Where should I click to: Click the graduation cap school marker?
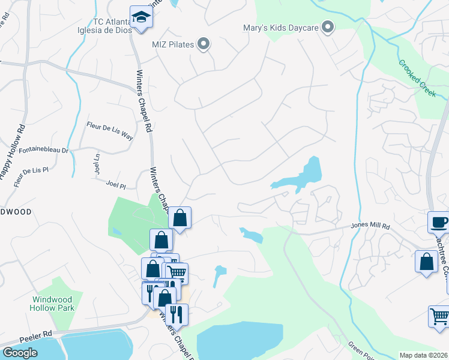[141, 17]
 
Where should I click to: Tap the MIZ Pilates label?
[175, 43]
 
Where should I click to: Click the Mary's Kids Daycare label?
[279, 27]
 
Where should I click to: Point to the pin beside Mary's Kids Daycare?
[328, 26]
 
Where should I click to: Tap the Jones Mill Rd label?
[370, 227]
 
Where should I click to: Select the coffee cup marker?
[439, 222]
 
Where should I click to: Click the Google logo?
[20, 353]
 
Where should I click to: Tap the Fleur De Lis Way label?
[110, 131]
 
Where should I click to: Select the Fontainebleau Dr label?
[44, 149]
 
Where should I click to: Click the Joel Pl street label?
[115, 185]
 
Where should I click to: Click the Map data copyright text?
[423, 355]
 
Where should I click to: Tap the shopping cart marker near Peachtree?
[439, 317]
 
